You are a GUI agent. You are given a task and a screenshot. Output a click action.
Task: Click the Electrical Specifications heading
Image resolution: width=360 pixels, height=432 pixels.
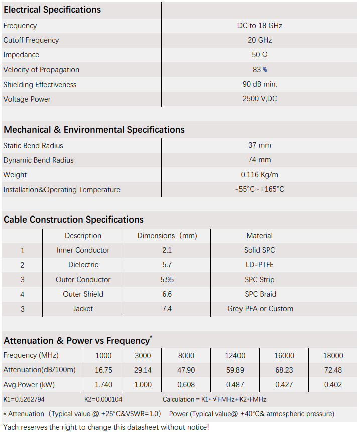(52, 10)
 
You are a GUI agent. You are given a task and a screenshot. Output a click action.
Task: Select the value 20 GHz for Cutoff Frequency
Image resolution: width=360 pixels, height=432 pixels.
(260, 40)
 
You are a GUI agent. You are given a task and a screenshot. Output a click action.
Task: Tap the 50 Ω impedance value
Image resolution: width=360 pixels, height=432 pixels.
(260, 55)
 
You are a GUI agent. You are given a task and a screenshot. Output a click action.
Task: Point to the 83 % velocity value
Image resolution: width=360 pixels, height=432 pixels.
(260, 70)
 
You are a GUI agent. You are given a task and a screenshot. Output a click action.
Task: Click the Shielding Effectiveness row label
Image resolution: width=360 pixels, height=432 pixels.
(40, 85)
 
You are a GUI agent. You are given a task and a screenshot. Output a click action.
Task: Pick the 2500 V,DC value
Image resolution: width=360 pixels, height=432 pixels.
(260, 99)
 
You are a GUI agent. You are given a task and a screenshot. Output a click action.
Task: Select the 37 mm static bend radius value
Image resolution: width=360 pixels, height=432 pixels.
(260, 145)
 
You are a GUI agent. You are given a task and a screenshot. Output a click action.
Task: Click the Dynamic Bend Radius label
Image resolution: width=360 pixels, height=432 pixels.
(38, 160)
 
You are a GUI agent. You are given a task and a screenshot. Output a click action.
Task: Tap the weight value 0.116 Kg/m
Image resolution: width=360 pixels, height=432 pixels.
(260, 175)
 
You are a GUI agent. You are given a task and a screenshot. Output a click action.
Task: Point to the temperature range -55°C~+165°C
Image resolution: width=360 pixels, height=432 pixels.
(260, 189)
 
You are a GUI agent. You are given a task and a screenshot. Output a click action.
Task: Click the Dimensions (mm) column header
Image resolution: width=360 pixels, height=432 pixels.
(167, 236)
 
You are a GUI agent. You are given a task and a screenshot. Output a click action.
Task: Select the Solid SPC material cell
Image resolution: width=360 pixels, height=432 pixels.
(260, 250)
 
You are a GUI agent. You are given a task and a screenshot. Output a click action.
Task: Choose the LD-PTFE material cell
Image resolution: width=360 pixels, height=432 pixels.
(260, 265)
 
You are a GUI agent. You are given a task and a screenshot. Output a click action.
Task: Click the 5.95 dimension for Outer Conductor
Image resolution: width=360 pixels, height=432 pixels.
(167, 280)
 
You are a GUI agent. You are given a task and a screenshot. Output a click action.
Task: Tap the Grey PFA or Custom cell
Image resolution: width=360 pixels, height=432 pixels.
(260, 309)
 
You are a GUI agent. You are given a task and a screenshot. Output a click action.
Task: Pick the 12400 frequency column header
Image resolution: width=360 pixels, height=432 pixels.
(235, 356)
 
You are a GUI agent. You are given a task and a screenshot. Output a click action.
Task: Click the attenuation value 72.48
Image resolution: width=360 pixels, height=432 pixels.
(333, 370)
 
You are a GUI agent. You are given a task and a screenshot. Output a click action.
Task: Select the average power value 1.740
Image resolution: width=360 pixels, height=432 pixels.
(103, 385)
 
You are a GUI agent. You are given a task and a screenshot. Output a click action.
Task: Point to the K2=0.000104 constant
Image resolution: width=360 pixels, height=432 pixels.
(103, 399)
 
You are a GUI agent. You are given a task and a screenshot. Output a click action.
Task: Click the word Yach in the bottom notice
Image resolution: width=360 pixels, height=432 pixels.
(12, 427)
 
